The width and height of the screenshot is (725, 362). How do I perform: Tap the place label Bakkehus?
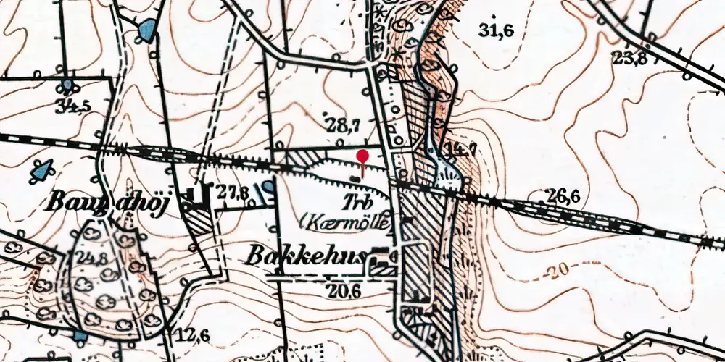[307, 256]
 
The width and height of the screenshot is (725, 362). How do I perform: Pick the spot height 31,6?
[496, 30]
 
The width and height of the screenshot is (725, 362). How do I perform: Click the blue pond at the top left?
[147, 31]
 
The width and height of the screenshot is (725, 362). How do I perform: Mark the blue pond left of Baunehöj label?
[43, 171]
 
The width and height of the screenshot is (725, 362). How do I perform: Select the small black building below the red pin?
[355, 178]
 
